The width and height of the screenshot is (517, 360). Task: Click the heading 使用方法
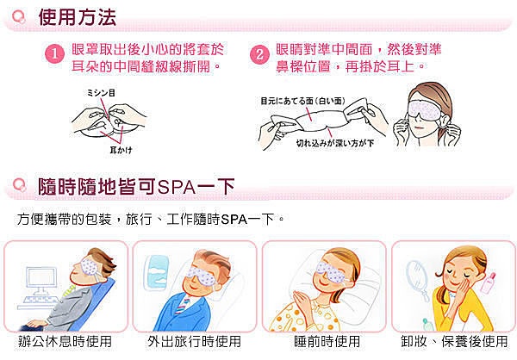tap(78, 17)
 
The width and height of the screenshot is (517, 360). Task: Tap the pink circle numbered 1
tap(54, 54)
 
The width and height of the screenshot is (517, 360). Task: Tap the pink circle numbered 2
tap(259, 54)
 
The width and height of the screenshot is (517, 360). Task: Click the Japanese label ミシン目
tap(101, 93)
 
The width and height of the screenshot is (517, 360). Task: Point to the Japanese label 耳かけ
tap(121, 151)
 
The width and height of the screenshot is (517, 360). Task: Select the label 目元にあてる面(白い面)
tap(302, 102)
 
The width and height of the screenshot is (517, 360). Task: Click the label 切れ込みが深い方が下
tap(335, 143)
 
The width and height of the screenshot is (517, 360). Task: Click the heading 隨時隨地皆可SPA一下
tap(136, 187)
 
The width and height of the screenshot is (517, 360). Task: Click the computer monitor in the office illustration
tap(40, 281)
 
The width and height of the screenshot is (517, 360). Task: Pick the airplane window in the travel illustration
tap(156, 272)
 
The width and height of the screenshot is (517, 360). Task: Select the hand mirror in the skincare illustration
tap(416, 278)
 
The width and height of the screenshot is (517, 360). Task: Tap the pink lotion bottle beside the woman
tap(488, 282)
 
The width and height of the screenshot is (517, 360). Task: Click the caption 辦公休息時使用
tap(65, 342)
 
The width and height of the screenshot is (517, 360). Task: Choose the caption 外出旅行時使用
tap(194, 342)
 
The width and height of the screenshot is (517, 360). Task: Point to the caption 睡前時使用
tap(327, 342)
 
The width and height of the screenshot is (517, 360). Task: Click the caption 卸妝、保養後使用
tap(454, 342)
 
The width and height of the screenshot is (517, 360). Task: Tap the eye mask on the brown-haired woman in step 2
tap(424, 109)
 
